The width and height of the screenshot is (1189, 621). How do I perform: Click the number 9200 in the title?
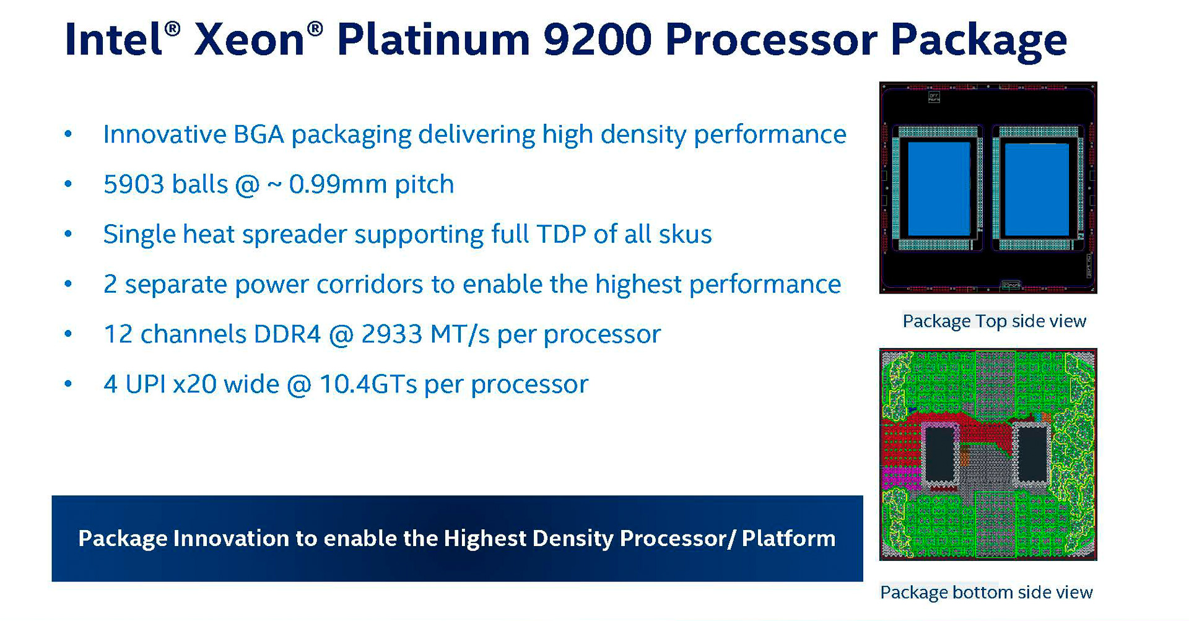click(597, 40)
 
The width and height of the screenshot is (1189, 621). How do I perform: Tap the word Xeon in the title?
click(249, 40)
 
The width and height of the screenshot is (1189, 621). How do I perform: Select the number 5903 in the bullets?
click(134, 185)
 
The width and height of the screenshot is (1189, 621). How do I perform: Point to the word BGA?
click(258, 134)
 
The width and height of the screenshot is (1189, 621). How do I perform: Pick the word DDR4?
click(287, 334)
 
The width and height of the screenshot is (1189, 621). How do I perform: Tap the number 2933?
click(391, 334)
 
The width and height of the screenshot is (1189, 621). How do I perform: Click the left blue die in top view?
click(939, 189)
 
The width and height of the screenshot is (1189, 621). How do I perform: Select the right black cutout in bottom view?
click(1032, 453)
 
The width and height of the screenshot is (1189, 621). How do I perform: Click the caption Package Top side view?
click(994, 321)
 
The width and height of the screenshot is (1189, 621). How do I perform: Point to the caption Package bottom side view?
click(986, 593)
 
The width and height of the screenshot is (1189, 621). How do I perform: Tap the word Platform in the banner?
click(788, 539)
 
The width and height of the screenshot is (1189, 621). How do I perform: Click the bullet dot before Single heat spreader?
click(68, 235)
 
